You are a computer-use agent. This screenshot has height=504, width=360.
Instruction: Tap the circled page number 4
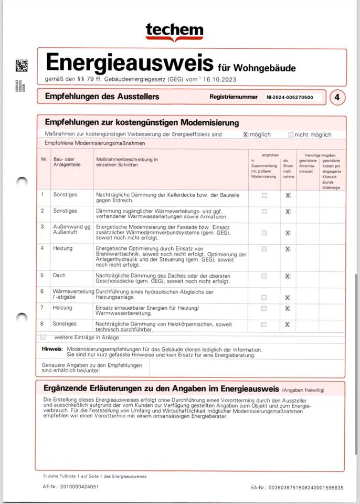coord(337,97)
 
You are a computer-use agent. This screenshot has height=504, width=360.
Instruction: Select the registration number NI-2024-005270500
coord(289,97)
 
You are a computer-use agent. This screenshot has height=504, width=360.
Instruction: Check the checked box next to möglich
coord(245,134)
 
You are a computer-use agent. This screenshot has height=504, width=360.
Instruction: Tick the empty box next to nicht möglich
coord(291,134)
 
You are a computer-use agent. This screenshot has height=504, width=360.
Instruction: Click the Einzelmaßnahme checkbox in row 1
coord(288,195)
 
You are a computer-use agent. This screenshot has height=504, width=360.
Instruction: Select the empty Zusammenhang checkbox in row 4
coord(264,249)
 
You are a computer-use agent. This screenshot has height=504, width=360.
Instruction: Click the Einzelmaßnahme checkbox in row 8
coord(288,324)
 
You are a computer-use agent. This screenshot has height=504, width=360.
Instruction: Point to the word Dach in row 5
coord(59,275)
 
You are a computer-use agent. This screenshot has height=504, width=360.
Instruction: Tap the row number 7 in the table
coord(43,307)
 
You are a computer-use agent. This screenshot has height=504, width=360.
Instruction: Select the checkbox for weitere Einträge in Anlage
coord(44,337)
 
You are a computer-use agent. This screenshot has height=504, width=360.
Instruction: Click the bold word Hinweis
coord(52,349)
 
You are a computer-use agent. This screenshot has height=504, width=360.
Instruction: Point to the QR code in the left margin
coord(22,66)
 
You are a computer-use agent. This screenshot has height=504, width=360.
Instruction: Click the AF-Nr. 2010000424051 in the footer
coord(71,487)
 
